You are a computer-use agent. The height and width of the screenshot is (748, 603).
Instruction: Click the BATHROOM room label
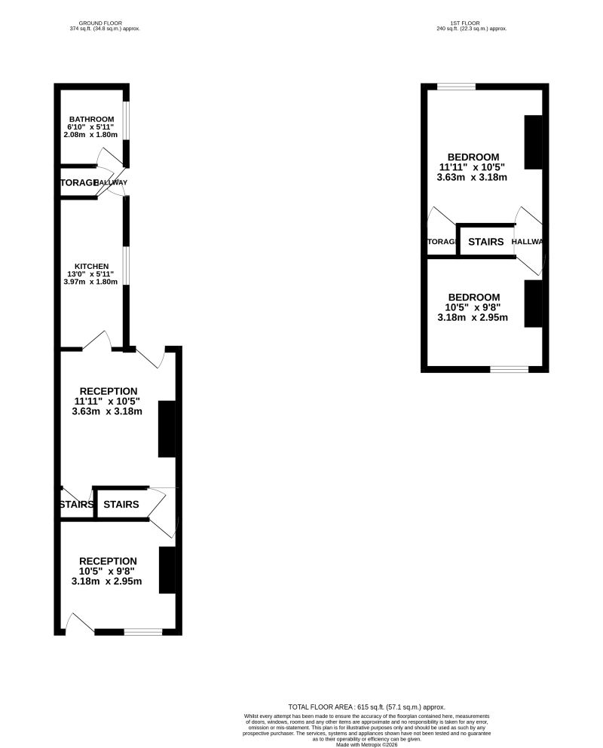coord(91,119)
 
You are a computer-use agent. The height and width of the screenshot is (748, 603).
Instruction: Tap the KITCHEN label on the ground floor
coord(91,266)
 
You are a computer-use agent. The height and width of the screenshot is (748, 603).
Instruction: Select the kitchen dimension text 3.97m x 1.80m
coord(91,282)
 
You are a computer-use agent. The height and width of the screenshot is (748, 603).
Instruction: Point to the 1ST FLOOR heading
coord(472,23)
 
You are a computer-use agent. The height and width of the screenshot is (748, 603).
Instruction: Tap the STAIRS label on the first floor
coord(485,242)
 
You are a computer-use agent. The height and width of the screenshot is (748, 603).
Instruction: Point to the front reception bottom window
coord(143,631)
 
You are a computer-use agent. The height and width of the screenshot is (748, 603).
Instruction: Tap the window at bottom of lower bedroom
coord(510,369)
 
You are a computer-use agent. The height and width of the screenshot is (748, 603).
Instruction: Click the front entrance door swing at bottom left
coord(79,622)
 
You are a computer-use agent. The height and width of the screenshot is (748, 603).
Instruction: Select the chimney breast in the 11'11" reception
coord(167,429)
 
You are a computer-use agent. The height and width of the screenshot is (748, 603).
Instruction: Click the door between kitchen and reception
coord(98,341)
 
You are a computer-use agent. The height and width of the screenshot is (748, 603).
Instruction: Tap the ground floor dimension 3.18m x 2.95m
coord(109,581)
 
